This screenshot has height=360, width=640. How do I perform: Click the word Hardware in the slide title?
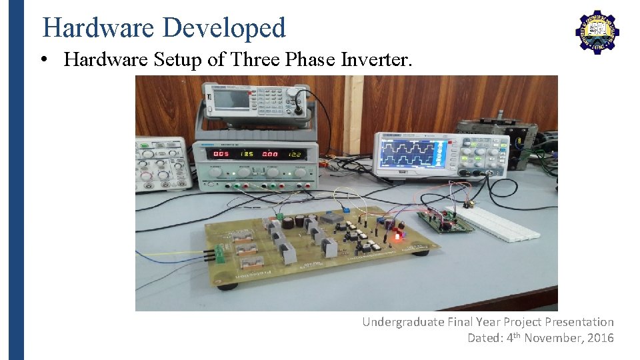[x=99, y=28]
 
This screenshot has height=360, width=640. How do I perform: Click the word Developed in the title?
[x=224, y=28]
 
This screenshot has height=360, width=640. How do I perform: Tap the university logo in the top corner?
[x=597, y=31]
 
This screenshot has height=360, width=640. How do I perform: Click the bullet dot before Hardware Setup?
[x=43, y=60]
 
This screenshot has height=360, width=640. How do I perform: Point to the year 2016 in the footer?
[x=600, y=338]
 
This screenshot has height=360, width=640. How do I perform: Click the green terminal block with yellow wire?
[x=213, y=254]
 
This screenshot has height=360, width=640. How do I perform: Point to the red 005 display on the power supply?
[x=221, y=154]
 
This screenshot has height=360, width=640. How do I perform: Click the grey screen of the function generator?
[x=230, y=100]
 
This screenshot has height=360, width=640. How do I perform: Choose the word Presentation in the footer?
[x=579, y=322]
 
